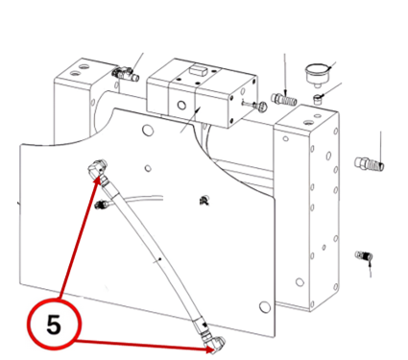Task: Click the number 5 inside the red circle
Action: (x=54, y=324)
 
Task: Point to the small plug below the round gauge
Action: (x=318, y=99)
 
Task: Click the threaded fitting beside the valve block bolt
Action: (x=284, y=99)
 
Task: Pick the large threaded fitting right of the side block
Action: (x=370, y=163)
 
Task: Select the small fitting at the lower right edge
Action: (x=364, y=255)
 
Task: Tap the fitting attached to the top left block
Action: (x=126, y=74)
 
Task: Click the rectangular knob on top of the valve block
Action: (x=197, y=69)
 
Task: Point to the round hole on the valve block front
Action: (x=181, y=105)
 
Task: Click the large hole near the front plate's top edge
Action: (x=147, y=130)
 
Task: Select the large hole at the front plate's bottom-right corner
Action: (x=265, y=307)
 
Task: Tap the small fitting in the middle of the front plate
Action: (x=204, y=201)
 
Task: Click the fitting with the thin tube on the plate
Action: (x=103, y=204)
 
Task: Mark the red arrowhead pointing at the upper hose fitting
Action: (x=98, y=180)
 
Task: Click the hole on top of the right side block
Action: (x=308, y=123)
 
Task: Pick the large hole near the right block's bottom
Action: (x=300, y=282)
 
